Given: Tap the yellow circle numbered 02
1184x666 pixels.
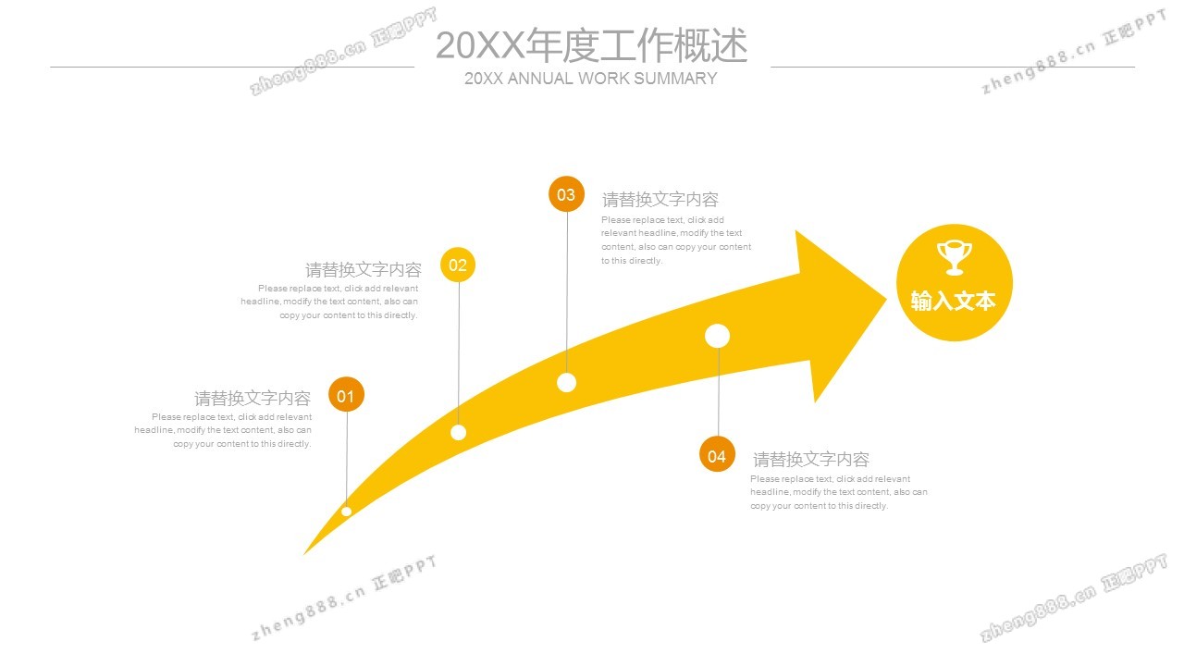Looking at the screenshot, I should tap(458, 265).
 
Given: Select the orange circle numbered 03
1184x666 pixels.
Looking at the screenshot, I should tap(566, 194).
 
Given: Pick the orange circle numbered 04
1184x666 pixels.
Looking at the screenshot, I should tap(717, 455).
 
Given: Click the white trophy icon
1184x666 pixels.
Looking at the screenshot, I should tap(954, 257).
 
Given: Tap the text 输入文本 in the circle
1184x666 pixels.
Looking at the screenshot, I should tap(954, 302).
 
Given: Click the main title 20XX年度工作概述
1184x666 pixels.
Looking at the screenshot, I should tap(591, 45).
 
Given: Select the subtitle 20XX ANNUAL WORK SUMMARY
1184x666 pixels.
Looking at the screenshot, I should tap(591, 79).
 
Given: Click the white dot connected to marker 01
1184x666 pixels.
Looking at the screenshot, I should tap(346, 511).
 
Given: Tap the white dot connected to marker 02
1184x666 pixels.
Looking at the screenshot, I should tap(458, 432).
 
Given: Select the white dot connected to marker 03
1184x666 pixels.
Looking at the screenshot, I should tap(567, 382).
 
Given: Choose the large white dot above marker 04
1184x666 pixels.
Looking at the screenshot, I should tap(718, 336).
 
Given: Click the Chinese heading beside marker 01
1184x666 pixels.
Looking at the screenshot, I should tap(252, 399).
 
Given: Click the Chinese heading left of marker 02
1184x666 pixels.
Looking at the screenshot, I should tap(364, 270).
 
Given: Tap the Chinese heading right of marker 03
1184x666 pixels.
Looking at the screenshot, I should tap(660, 200).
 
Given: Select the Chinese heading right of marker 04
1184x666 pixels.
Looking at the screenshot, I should tap(811, 460).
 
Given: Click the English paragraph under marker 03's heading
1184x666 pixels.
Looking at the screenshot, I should tap(675, 240).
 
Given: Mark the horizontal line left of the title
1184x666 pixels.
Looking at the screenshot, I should tap(231, 67).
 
